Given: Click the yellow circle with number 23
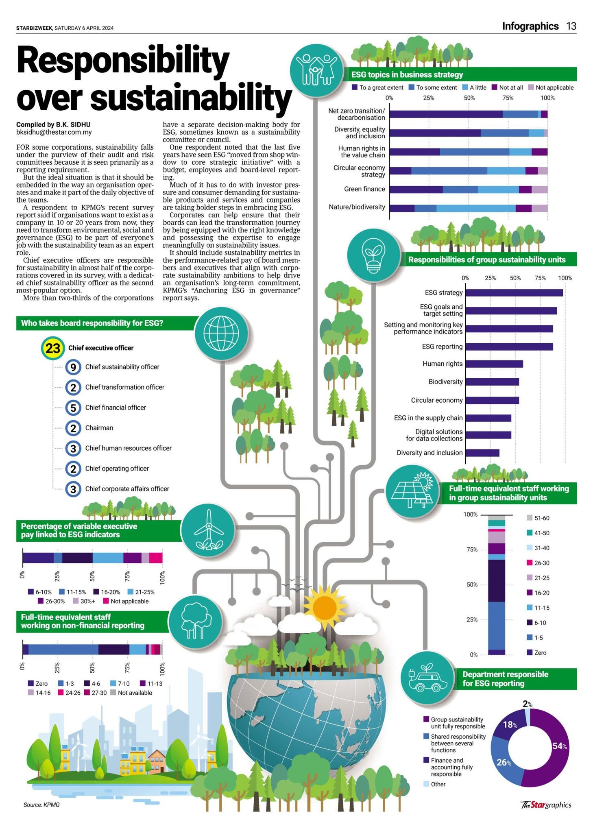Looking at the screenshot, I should click(53, 348).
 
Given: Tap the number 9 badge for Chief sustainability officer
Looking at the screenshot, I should click(73, 367).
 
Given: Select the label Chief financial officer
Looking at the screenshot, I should click(116, 408).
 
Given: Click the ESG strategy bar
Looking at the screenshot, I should click(514, 292).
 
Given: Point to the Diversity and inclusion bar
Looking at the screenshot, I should click(482, 453).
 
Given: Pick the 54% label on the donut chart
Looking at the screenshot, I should click(559, 746).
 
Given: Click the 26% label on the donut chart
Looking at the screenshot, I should click(504, 762).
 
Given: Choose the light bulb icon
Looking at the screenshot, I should click(374, 255).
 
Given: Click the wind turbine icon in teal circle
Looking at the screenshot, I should click(208, 530).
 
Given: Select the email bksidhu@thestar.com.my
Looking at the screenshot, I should click(54, 132).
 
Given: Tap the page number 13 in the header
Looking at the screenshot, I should click(571, 26).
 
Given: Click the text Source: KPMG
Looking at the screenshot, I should click(41, 805).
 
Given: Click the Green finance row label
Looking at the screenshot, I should click(364, 189).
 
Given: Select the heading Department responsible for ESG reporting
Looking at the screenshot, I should click(505, 678).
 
